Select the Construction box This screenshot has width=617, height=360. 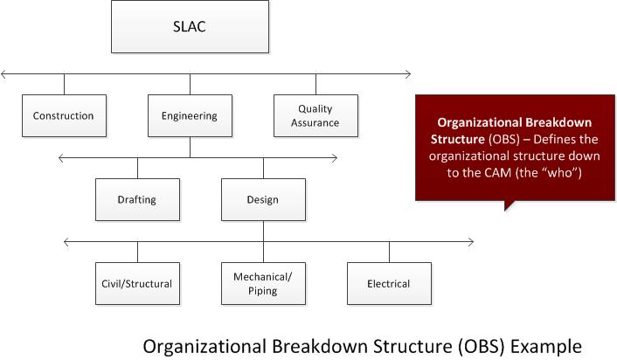(63, 115)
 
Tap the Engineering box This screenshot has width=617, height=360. (190, 115)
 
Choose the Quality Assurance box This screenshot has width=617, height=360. (315, 115)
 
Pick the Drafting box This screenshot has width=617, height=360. (137, 199)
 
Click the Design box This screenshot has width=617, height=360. (262, 199)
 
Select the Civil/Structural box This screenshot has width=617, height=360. (137, 283)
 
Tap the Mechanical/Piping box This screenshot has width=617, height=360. (262, 283)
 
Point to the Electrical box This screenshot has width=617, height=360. (389, 283)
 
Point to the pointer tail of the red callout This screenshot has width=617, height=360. (507, 206)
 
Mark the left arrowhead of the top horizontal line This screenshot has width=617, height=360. (4, 73)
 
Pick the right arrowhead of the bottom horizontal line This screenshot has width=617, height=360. (472, 241)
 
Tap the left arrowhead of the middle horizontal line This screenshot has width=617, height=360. (59, 157)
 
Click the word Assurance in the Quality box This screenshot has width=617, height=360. (315, 123)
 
